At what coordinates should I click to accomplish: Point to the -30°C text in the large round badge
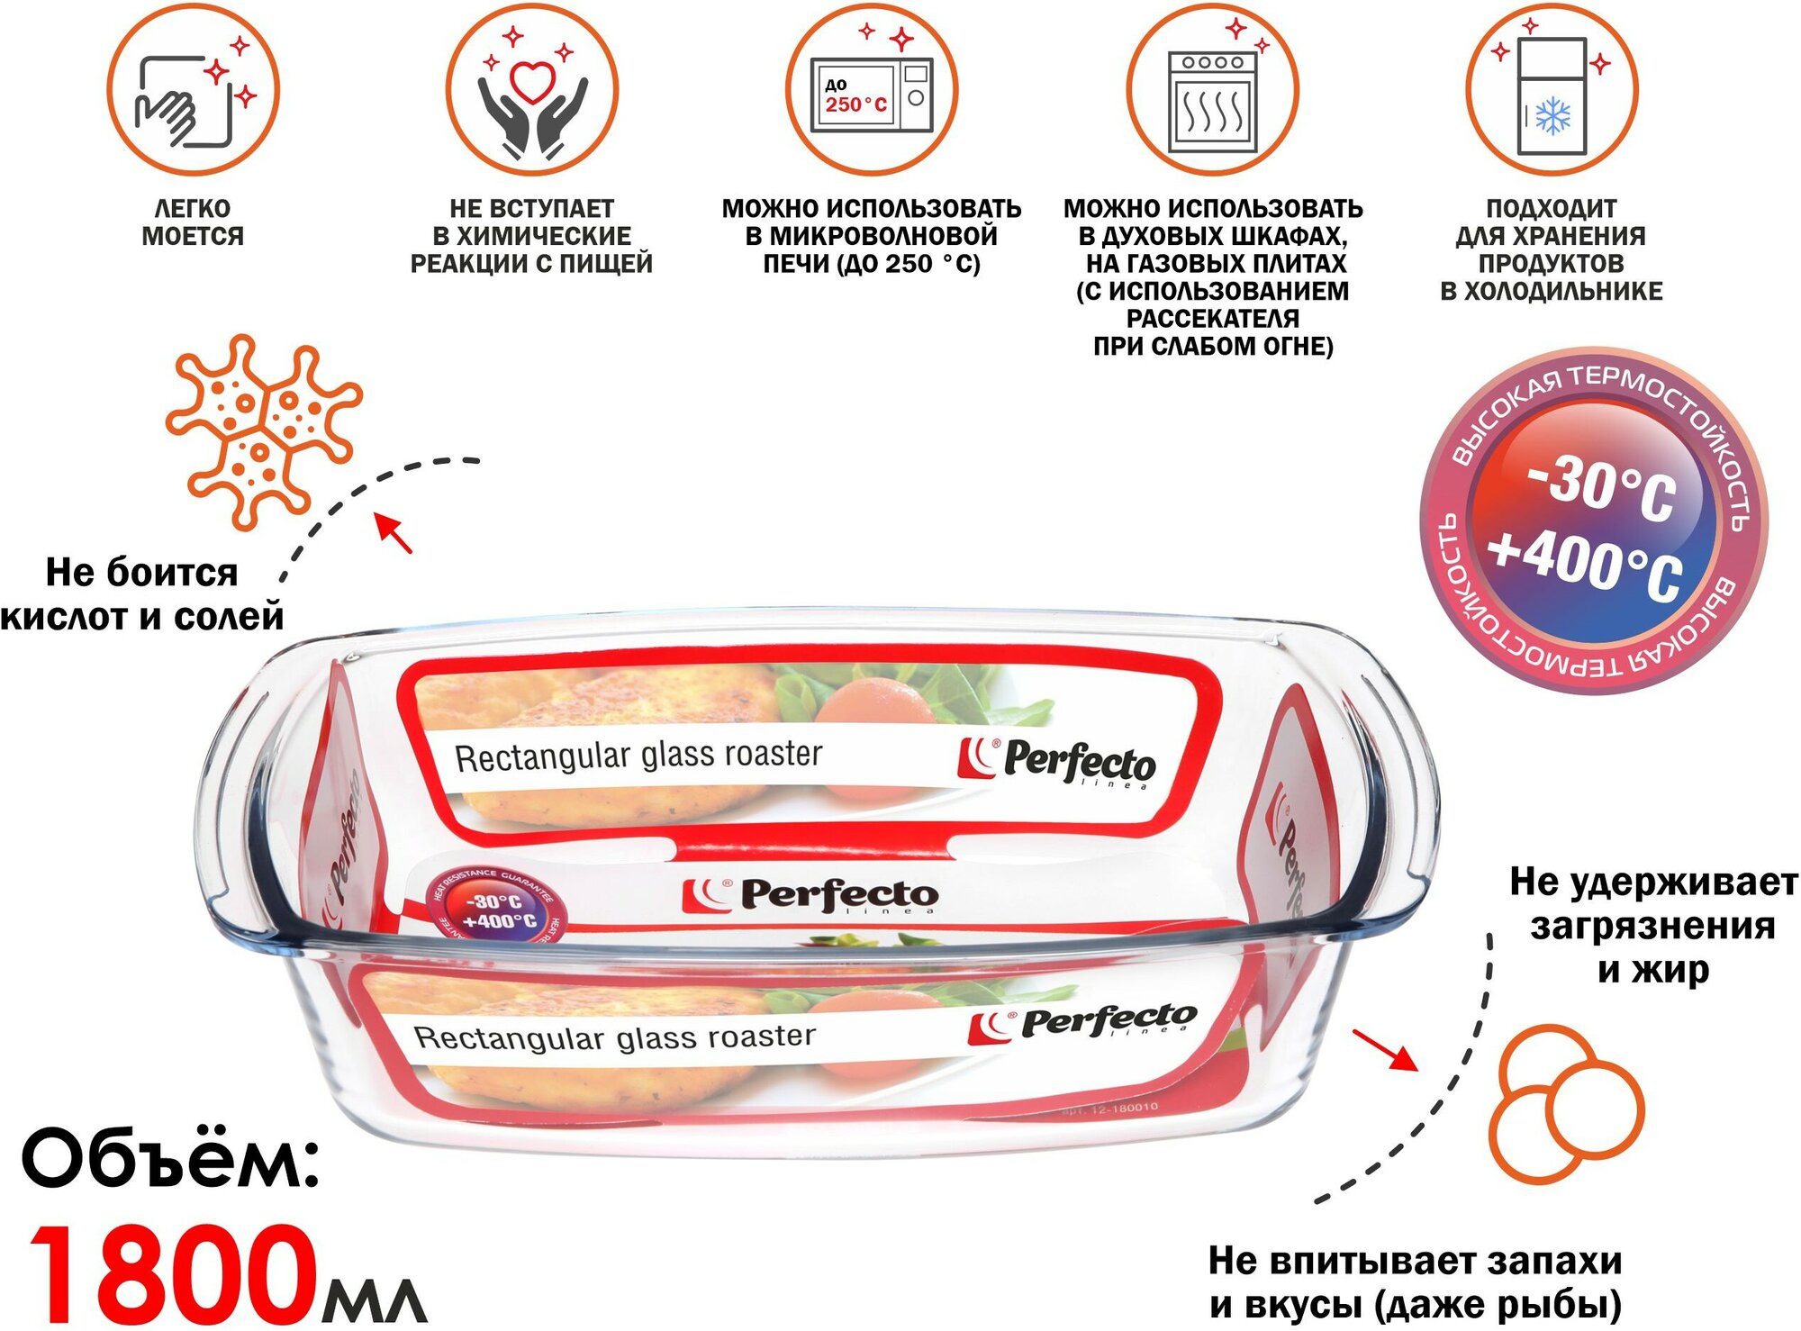pyautogui.click(x=1603, y=487)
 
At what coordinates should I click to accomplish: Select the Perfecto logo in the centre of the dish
pyautogui.click(x=810, y=896)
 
